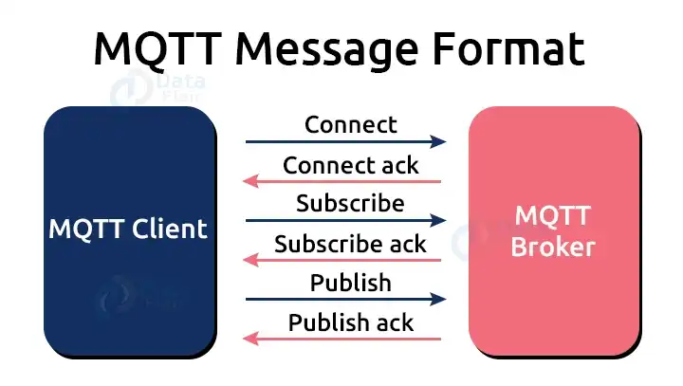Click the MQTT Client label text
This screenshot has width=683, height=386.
[x=128, y=229]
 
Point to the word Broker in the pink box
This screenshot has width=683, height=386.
[x=552, y=247]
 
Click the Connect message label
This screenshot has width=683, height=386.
[x=350, y=124]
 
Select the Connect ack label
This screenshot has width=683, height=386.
[x=350, y=164]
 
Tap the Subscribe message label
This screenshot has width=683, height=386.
[x=350, y=203]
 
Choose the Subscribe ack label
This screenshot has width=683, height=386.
[x=350, y=244]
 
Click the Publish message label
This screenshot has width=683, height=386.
[x=350, y=283]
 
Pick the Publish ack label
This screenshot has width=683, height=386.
[x=350, y=322]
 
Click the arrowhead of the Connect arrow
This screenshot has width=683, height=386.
[x=438, y=142]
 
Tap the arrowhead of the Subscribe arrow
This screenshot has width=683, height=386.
[x=438, y=221]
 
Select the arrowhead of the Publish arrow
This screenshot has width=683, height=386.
[x=438, y=300]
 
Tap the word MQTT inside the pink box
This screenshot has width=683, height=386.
[x=552, y=214]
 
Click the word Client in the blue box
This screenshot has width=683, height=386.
[x=172, y=229]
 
